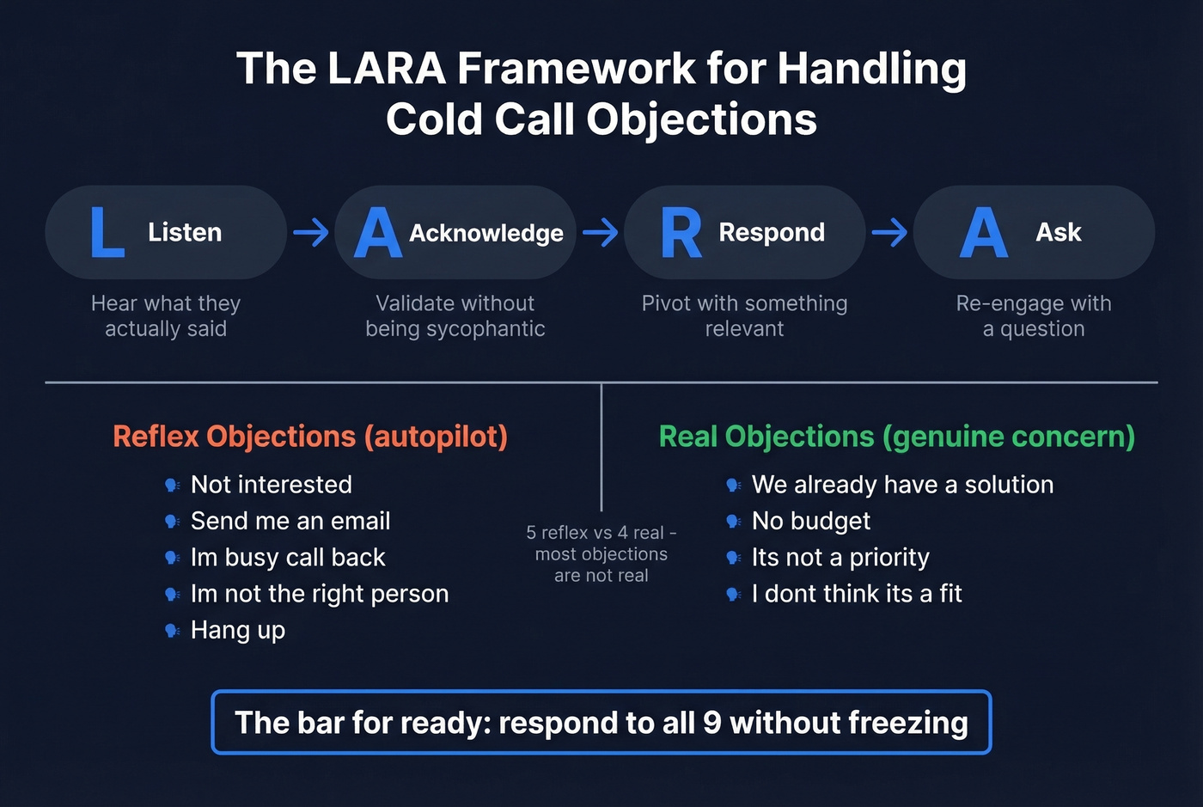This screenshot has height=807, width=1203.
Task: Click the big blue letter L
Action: pos(107,233)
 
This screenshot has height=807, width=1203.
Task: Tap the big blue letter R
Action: pos(681,233)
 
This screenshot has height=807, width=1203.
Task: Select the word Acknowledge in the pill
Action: pos(486,233)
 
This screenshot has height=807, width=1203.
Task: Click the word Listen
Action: pos(185,232)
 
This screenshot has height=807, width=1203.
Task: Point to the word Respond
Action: pos(772,232)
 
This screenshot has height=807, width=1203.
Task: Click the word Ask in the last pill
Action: pos(1059,232)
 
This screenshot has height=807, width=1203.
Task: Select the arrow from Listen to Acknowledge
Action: pos(311,232)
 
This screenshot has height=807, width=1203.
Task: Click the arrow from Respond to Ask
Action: pos(889,232)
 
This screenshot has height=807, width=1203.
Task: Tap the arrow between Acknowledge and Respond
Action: pos(600,232)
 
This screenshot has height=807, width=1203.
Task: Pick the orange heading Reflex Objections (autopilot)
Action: pos(310,437)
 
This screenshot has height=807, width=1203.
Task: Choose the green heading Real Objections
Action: pos(896,437)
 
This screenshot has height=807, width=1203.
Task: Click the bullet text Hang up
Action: pos(238,630)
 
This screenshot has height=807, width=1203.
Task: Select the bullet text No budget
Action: pos(811,521)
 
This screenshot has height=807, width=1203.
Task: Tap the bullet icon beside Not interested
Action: pos(172,486)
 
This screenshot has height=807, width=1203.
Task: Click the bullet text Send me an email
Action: pos(290,521)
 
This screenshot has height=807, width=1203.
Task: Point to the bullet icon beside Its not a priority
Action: pos(733,558)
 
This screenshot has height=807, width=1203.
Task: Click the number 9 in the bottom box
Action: pos(711,723)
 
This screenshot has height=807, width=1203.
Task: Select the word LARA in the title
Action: pos(386,69)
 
